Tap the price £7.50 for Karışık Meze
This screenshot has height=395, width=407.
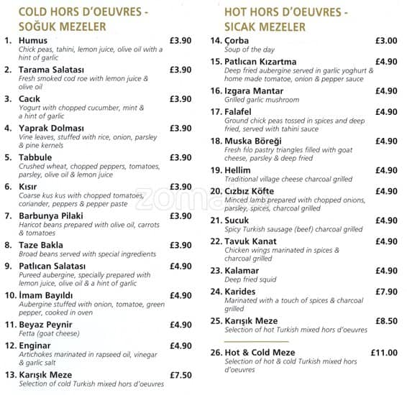point(180,375)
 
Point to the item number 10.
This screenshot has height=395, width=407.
point(10,295)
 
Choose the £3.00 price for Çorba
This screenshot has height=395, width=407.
point(386,41)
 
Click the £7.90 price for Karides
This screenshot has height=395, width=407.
point(386,292)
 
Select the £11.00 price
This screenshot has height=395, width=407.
point(383,353)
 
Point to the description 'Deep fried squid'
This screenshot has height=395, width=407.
point(252,280)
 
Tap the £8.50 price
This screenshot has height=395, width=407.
point(386,321)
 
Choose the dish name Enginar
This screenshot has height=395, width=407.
point(35,346)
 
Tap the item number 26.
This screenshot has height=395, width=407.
point(216,353)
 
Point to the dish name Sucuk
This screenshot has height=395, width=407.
point(238,220)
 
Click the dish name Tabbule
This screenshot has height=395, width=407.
point(36,158)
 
